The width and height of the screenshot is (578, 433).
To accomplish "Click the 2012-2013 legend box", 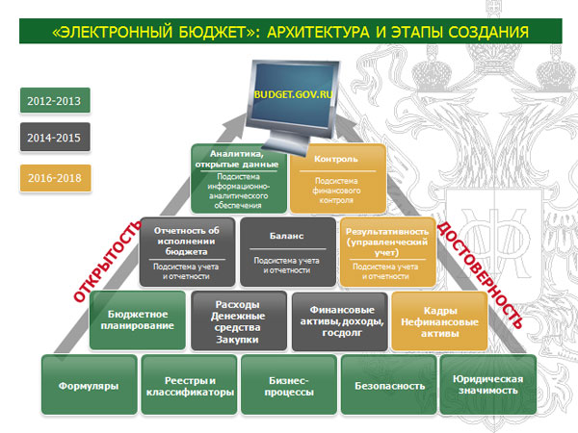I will point(55,100).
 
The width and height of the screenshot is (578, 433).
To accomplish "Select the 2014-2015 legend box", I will point(55,138).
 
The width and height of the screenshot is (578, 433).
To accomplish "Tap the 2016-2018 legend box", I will point(55,177).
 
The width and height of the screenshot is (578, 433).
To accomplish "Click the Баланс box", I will point(287,251).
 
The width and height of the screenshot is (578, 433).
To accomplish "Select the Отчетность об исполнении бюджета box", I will point(188,251).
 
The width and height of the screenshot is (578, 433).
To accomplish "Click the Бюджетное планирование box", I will point(137,320).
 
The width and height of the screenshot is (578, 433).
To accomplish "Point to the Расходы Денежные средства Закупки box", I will point(238,320).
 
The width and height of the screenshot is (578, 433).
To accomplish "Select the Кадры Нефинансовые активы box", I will point(438,320).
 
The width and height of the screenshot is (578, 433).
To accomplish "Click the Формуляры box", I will point(87,386).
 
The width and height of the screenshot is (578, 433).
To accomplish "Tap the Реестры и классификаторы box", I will point(187,386).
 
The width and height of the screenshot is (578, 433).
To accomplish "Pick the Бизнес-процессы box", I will point(287,386).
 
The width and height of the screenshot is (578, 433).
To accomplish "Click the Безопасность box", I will point(388,386).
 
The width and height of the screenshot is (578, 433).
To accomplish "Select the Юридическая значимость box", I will point(486,386).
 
